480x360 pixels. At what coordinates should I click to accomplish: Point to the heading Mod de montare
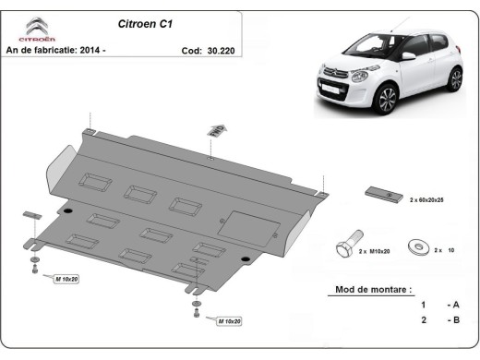(x=368, y=290)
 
